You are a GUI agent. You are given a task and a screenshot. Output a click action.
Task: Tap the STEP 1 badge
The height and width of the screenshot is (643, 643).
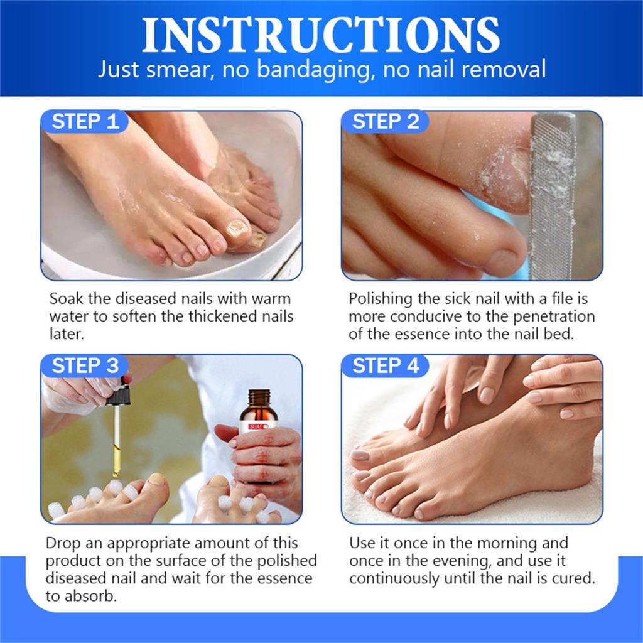pos(85,121)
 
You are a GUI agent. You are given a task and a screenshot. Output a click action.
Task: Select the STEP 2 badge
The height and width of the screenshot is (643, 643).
pos(385,121)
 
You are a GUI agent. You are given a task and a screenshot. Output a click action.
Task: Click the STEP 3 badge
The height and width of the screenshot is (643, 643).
pos(85,365)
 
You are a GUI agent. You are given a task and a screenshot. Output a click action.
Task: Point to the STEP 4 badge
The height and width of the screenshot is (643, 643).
pos(385,365)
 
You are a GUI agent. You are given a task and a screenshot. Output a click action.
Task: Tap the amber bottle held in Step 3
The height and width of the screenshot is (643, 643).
pos(258,427)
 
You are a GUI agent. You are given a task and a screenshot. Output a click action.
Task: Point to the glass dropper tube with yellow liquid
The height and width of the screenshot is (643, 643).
pos(116,440)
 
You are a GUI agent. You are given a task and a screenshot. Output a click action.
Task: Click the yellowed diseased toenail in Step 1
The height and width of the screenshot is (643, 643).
pos(236,227)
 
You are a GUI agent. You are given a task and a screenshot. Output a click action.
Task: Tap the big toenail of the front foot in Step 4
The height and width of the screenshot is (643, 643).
pos(360,455)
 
